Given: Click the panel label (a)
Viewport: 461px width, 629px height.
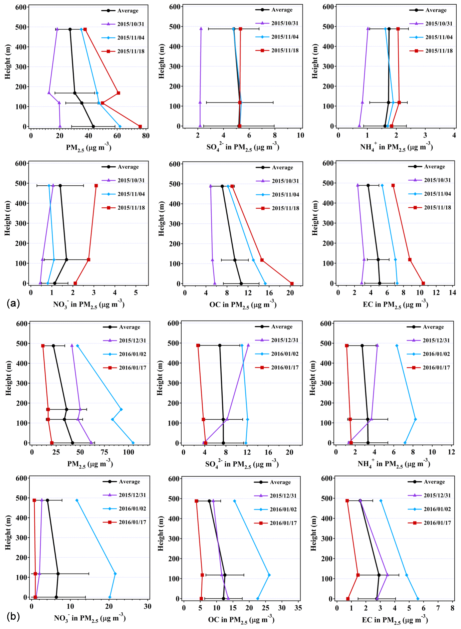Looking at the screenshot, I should pyautogui.click(x=13, y=303).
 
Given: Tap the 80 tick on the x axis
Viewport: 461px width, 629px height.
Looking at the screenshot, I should pyautogui.click(x=146, y=136).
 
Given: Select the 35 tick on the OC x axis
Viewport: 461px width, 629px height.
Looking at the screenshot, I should pyautogui.click(x=298, y=608).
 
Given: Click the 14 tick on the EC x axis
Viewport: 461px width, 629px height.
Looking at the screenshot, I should pyautogui.click(x=452, y=292).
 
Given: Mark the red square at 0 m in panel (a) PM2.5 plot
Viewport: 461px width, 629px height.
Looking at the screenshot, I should pyautogui.click(x=140, y=127).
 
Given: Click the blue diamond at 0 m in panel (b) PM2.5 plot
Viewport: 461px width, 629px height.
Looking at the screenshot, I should pyautogui.click(x=133, y=443).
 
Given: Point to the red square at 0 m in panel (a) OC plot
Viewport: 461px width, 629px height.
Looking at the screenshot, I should pyautogui.click(x=292, y=284).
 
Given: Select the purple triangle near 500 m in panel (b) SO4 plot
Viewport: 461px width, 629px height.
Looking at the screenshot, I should pyautogui.click(x=248, y=345).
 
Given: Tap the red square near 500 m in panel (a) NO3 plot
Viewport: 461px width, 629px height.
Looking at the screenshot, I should pyautogui.click(x=96, y=186).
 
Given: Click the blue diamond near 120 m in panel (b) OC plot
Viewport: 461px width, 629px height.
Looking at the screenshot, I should pyautogui.click(x=269, y=575).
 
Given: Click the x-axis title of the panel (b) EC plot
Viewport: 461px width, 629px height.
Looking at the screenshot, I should pyautogui.click(x=395, y=620).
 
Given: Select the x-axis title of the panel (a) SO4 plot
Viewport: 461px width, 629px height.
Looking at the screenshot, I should pyautogui.click(x=243, y=147).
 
